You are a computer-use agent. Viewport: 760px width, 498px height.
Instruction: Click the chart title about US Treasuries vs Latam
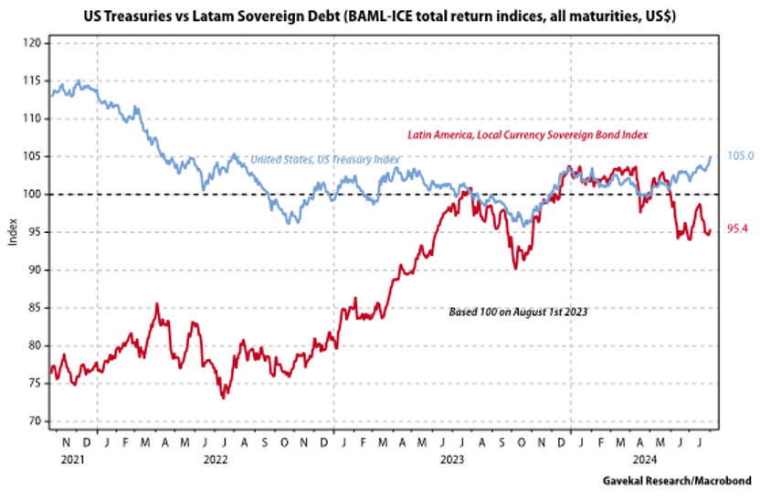[x=380, y=16]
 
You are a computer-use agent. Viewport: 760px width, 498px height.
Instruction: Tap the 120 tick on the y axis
[x=32, y=43]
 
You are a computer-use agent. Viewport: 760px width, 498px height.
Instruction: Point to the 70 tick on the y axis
[x=32, y=421]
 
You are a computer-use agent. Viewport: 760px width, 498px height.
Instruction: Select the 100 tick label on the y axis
[x=32, y=194]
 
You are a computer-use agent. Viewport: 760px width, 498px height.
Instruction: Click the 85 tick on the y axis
[x=32, y=308]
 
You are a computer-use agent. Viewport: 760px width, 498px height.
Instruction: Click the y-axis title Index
[x=11, y=232]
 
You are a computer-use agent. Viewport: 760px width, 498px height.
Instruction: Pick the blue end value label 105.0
[x=739, y=156]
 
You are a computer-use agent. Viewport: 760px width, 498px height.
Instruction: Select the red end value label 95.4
[x=738, y=228]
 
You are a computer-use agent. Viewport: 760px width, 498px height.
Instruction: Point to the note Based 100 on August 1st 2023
[x=519, y=312]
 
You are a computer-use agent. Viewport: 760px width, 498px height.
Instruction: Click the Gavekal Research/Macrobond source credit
[x=679, y=480]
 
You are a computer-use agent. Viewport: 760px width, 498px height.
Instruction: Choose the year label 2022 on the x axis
[x=216, y=461]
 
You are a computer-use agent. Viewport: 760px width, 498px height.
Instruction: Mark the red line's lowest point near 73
[x=223, y=397]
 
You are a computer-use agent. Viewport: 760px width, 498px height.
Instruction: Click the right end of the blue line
[x=712, y=157]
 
